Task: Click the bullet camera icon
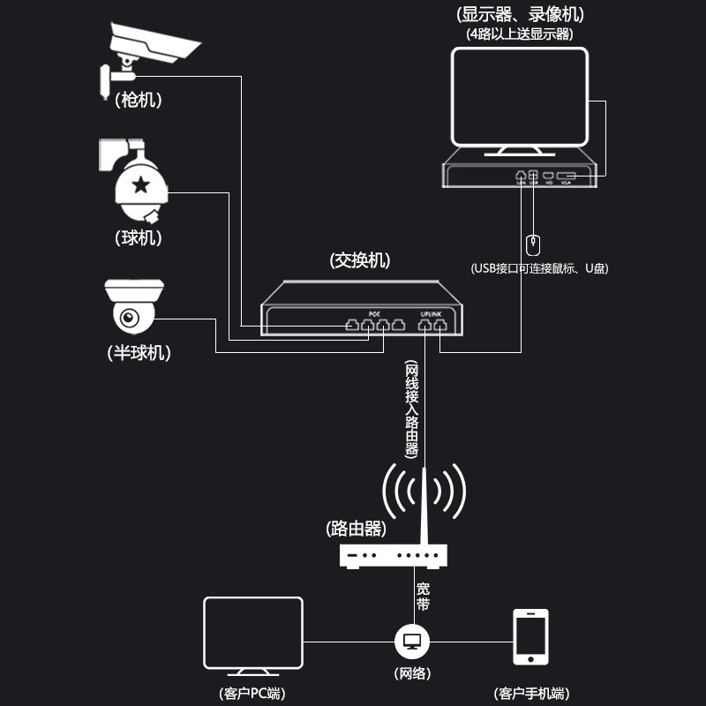pos(150,53)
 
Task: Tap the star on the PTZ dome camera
pos(139,184)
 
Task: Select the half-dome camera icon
pos(133,309)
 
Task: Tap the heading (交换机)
pos(360,260)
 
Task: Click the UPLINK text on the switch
pos(432,313)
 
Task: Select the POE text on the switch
pos(374,313)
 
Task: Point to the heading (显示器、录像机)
pos(520,14)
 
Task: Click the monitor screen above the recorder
pos(520,96)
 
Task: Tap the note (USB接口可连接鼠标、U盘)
pos(539,268)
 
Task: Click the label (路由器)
pos(357,529)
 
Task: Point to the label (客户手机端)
pos(530,693)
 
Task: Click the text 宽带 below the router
pos(424,596)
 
